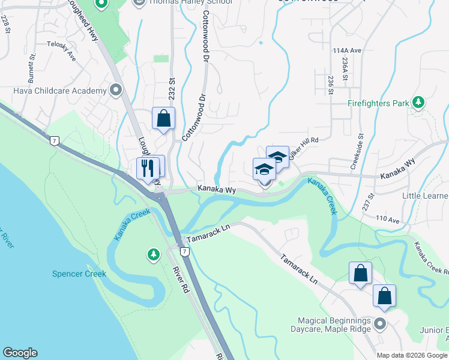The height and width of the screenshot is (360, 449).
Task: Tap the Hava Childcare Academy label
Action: coord(59,91)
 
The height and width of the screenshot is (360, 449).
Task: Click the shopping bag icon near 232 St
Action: coord(163,118)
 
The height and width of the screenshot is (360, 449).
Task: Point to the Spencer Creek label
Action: coord(79,274)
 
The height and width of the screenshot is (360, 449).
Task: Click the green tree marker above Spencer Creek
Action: coord(154,256)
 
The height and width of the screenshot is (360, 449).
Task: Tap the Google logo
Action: coord(20,353)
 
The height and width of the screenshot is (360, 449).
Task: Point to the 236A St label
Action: coord(345,70)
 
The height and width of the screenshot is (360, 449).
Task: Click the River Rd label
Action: coord(178,280)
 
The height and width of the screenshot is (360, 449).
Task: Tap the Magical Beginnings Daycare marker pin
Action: coord(379,325)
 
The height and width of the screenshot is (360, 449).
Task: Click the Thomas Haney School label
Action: coord(184,3)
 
